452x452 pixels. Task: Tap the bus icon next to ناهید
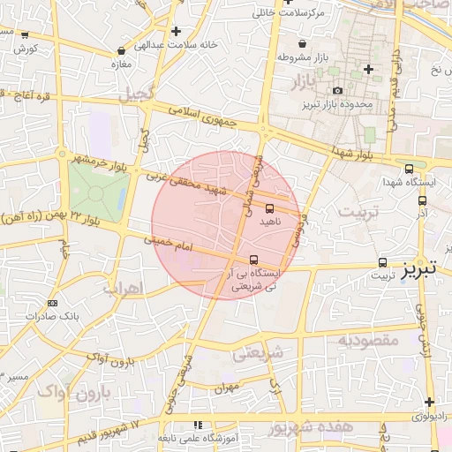pyautogui.click(x=269, y=209)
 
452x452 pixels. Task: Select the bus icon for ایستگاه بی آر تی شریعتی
pyautogui.click(x=254, y=260)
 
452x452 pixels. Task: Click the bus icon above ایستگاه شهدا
pyautogui.click(x=409, y=169)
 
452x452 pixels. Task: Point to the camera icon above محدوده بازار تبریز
pyautogui.click(x=337, y=91)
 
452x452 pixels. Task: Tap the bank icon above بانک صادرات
pyautogui.click(x=52, y=304)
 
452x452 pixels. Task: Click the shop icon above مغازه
pyautogui.click(x=120, y=51)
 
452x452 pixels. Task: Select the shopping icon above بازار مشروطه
pyautogui.click(x=303, y=43)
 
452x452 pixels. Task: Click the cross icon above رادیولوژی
pyautogui.click(x=429, y=402)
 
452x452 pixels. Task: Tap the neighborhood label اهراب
pyautogui.click(x=121, y=288)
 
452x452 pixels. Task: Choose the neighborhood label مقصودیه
pyautogui.click(x=370, y=339)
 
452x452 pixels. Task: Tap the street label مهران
pyautogui.click(x=226, y=388)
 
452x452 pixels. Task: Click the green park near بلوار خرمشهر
pyautogui.click(x=96, y=190)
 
